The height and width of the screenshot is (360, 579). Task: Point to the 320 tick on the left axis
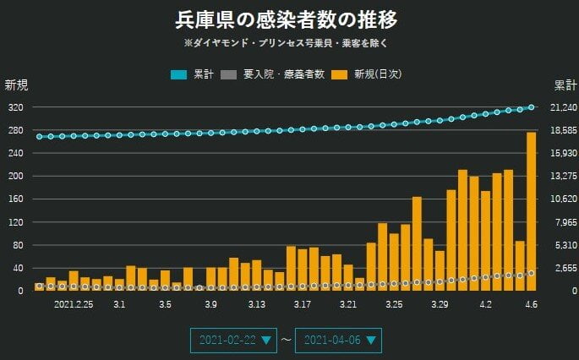[16, 107]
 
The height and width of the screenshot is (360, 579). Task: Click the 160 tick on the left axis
[16, 199]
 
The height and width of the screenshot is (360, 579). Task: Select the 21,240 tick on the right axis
[561, 107]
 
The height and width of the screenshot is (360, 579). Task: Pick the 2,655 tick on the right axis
[561, 268]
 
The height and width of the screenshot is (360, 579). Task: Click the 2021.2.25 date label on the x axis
[74, 303]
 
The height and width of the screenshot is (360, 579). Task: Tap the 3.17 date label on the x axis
[302, 303]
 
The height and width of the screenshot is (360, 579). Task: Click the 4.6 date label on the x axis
[531, 303]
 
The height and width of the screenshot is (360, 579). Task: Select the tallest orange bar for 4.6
[531, 211]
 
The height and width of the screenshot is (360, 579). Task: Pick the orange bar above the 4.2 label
[485, 241]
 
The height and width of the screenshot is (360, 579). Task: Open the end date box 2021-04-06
[338, 340]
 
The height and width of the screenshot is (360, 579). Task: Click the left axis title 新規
[16, 85]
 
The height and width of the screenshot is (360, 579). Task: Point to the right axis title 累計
[565, 85]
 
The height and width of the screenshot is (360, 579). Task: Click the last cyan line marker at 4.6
[531, 107]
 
